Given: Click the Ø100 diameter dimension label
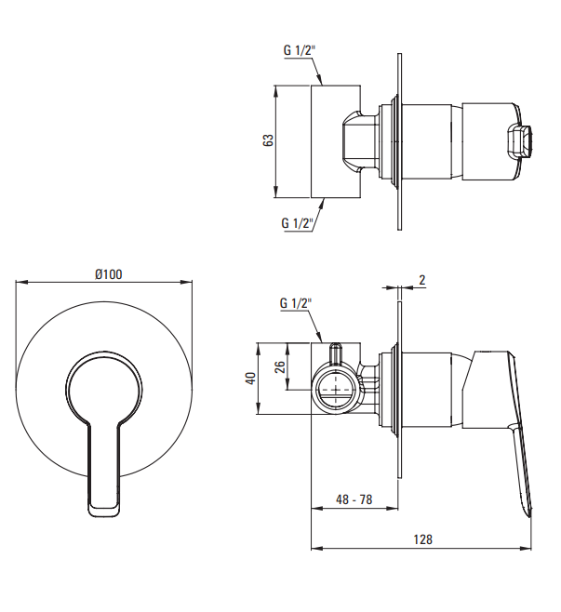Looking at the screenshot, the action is click(x=109, y=274).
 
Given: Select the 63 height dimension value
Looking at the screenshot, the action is click(x=268, y=140).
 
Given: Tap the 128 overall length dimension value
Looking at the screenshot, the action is click(x=423, y=539).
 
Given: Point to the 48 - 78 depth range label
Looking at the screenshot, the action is click(x=354, y=499).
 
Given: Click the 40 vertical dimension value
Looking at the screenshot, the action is click(x=250, y=378).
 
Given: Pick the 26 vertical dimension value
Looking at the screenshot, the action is click(x=280, y=367).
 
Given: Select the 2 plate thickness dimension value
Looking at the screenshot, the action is click(x=422, y=280).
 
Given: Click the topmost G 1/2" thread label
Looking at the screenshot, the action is click(x=300, y=50).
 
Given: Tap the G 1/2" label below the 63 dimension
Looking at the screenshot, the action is click(x=298, y=223).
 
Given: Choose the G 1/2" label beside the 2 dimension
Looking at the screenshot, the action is click(x=296, y=303).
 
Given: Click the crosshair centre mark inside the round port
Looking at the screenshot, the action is click(x=336, y=389).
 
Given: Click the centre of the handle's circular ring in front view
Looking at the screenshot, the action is click(x=104, y=389).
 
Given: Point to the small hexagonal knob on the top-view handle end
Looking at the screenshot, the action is click(x=520, y=142).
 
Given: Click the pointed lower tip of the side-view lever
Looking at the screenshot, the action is click(x=529, y=516).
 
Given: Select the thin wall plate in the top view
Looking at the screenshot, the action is click(x=399, y=141).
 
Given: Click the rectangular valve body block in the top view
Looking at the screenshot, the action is click(x=335, y=141).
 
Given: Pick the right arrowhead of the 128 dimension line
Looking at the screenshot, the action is click(x=526, y=548).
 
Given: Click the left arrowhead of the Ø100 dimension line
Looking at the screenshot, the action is click(x=21, y=282).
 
